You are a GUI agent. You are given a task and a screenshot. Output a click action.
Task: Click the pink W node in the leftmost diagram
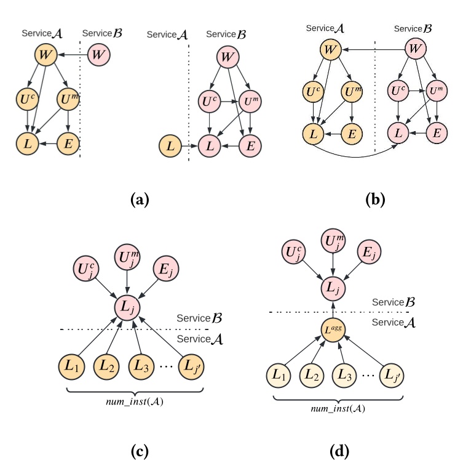98,55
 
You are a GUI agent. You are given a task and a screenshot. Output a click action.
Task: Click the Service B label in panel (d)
394,302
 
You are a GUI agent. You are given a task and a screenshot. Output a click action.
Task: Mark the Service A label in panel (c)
199,339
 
